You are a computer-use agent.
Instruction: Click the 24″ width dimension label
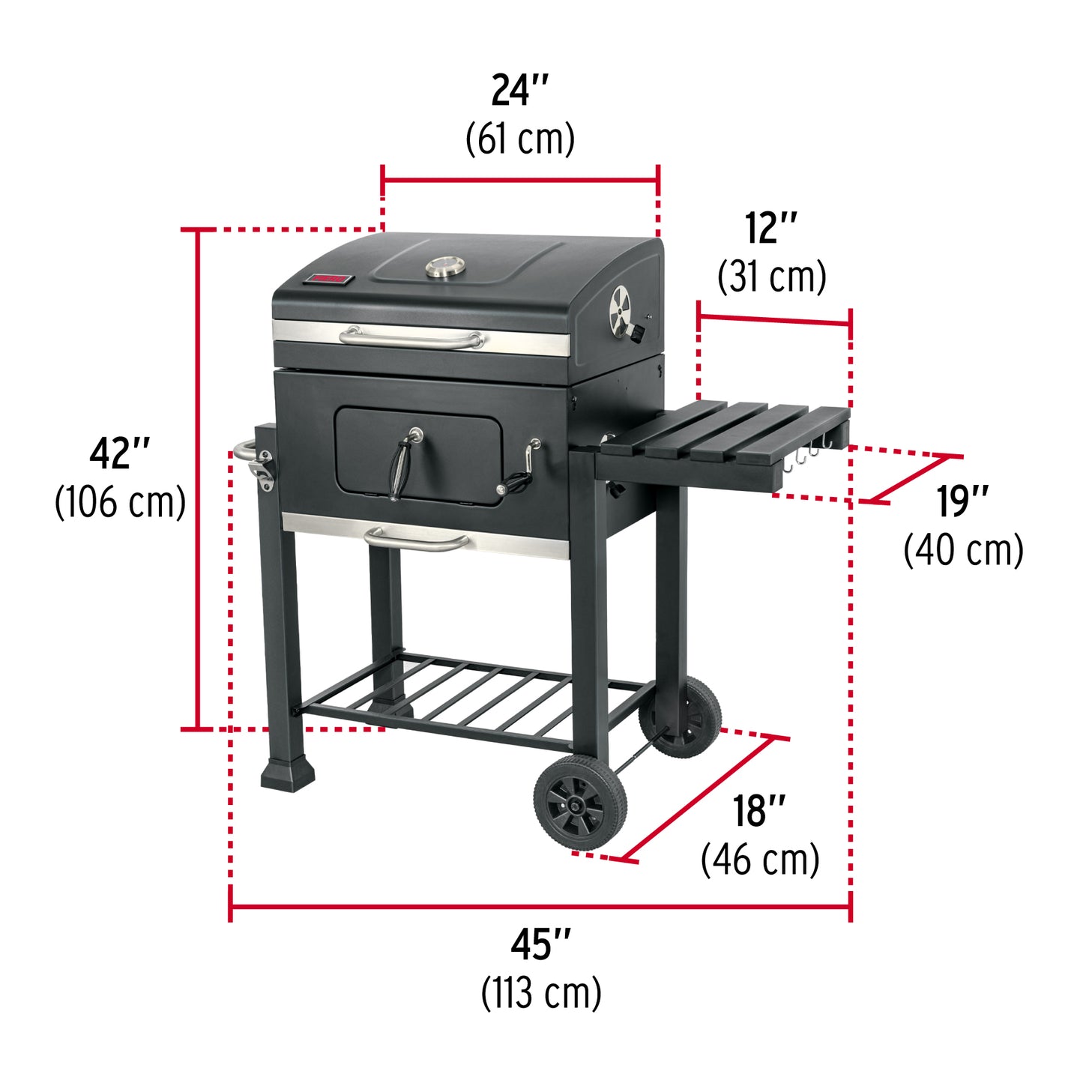(519, 91)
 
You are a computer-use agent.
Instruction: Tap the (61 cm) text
(519, 139)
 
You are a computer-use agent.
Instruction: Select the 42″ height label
(120, 453)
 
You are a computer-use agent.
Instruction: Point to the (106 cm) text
(120, 501)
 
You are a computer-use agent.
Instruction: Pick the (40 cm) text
(963, 550)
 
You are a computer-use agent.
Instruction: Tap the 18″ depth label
(758, 811)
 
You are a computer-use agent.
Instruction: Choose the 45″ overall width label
(540, 944)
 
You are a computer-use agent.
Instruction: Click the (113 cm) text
(540, 993)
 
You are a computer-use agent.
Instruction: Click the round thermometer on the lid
(446, 268)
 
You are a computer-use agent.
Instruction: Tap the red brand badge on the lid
(328, 280)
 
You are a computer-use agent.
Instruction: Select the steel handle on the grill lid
(411, 339)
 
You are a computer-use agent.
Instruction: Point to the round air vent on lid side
(621, 310)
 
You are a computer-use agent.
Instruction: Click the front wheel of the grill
(580, 803)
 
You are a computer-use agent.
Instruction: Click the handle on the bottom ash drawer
(417, 538)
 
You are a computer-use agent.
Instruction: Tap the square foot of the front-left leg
(287, 773)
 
